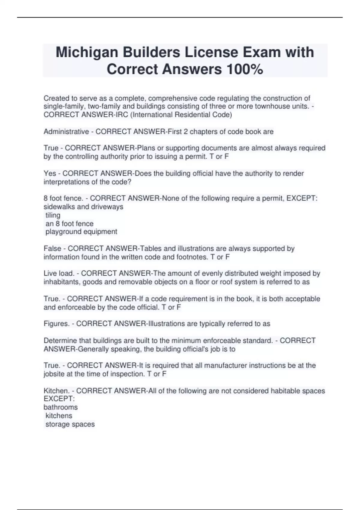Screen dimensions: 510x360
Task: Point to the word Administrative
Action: [x=66, y=132]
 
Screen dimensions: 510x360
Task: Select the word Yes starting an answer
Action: [x=50, y=173]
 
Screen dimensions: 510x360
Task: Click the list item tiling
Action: [x=53, y=215]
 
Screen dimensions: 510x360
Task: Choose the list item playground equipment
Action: [x=81, y=232]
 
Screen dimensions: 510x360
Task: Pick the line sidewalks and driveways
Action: [x=83, y=207]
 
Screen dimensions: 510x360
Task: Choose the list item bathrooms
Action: [x=61, y=407]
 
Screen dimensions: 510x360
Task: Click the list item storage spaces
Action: [x=70, y=424]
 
